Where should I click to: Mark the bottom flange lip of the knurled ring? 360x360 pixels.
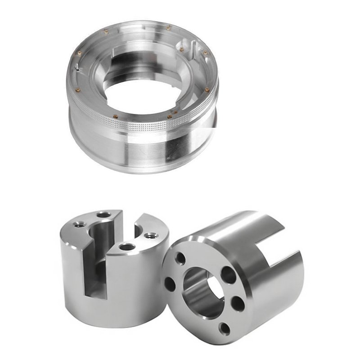click(x=135, y=169)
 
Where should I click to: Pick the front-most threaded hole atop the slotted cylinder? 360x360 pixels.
click(x=126, y=247)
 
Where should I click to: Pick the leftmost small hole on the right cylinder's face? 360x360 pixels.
click(x=170, y=284)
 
